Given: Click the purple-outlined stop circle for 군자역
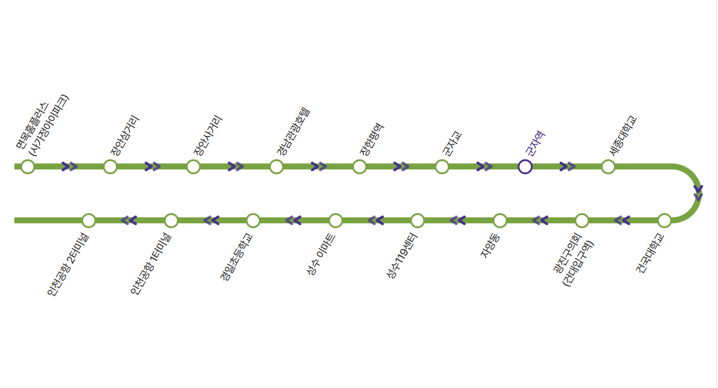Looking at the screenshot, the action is pos(525,166).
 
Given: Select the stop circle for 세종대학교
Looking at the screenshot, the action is pos(608,166).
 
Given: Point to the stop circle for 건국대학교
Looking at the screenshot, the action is pos(664,220).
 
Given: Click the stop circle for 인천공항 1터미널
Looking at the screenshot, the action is pos(171,220).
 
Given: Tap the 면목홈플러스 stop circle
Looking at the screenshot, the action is pos(28,166).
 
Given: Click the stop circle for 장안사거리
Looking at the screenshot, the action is pos(193,166).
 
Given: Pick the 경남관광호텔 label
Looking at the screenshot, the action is pos(294,132).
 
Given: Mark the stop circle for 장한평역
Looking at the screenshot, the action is pos(359,166).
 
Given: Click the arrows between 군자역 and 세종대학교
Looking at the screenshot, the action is pos(567,166).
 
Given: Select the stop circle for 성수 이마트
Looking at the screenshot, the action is pos(335,220).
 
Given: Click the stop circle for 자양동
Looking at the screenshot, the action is pos(500,220).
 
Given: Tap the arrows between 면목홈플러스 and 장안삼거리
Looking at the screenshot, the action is pos(69,166).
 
